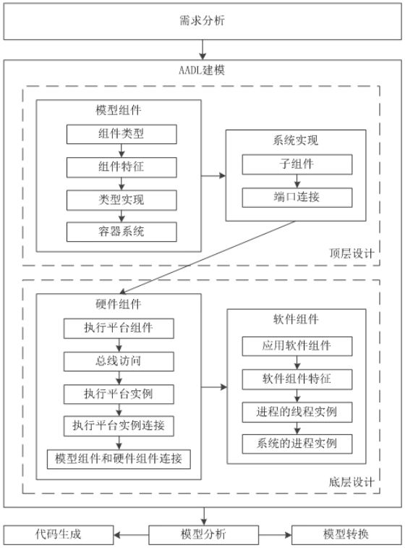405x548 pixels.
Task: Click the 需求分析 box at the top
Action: tap(202, 21)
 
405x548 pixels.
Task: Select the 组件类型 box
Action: tap(121, 134)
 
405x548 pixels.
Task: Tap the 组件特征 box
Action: tap(121, 167)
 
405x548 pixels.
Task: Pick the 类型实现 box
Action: tap(121, 200)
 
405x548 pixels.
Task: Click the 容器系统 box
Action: tap(121, 232)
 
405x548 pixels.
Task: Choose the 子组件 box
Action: tap(297, 164)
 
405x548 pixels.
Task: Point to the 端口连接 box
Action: tap(297, 198)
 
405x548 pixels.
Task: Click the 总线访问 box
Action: tap(119, 361)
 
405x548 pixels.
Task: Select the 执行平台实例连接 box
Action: tap(119, 426)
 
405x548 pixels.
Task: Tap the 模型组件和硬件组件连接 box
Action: tap(119, 459)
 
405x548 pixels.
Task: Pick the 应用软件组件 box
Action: tap(297, 346)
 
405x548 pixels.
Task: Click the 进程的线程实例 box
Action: tap(297, 412)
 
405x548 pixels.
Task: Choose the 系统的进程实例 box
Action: tap(297, 444)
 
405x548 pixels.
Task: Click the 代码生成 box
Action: tap(59, 535)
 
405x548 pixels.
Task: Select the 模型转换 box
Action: tap(346, 535)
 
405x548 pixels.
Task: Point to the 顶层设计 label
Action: tap(351, 253)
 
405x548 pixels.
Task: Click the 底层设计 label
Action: tap(351, 482)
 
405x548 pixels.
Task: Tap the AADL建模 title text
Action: tap(202, 70)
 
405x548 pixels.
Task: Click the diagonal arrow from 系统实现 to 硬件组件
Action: tap(207, 257)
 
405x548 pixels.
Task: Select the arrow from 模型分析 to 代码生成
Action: tap(132, 535)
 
